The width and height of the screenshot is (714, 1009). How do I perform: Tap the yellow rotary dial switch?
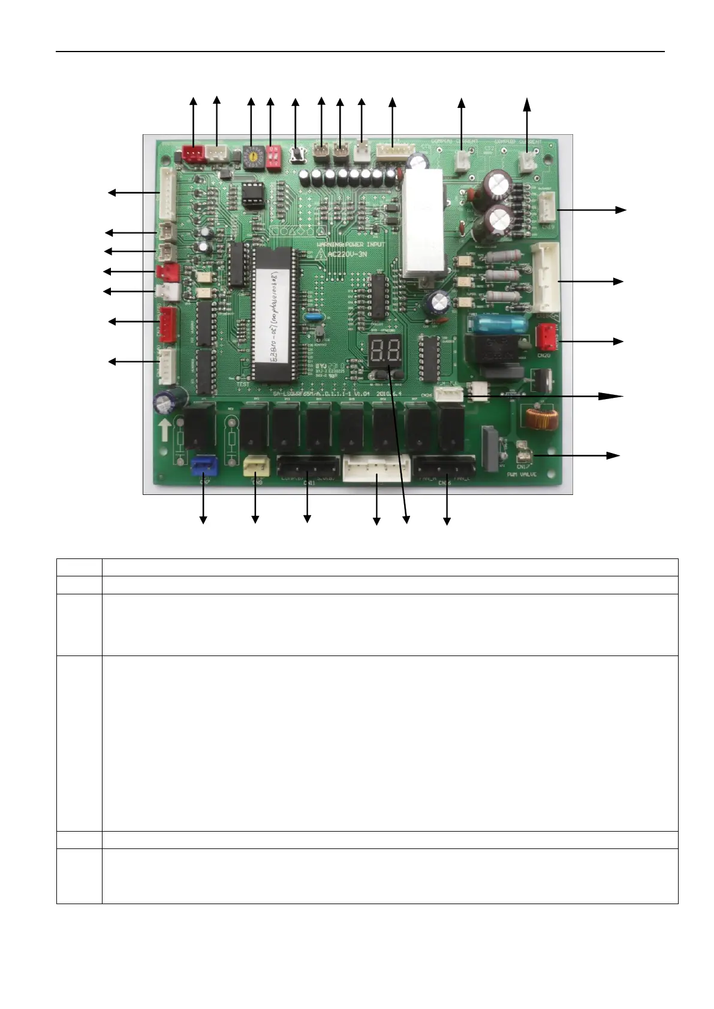(252, 155)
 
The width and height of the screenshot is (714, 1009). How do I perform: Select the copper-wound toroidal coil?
(541, 419)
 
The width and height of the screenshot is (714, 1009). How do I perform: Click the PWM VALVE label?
(521, 475)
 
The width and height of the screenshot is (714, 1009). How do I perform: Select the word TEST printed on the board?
(243, 385)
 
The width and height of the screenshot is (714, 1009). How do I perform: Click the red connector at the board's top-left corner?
(192, 155)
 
